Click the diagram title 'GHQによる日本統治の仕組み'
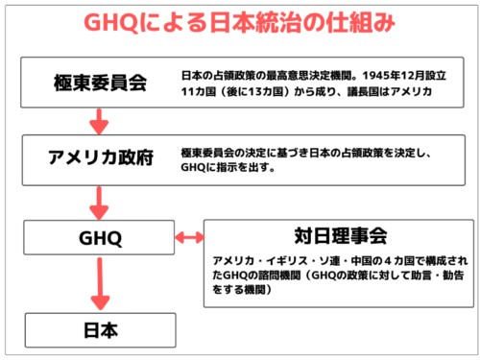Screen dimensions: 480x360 click(239, 22)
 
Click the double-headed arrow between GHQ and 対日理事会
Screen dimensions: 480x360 click(189, 236)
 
